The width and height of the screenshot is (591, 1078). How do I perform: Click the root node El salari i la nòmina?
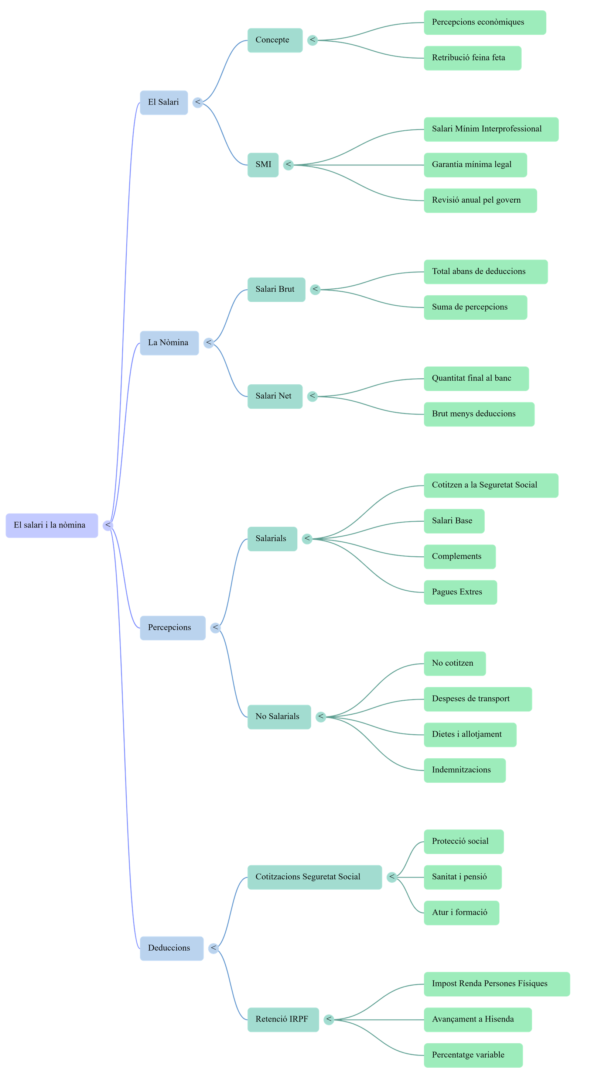51,525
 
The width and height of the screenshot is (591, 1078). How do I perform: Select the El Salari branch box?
164,102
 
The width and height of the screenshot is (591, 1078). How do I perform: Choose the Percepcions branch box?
172,627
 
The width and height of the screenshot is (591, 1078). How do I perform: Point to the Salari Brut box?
276,289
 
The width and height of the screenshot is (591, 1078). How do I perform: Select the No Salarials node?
279,717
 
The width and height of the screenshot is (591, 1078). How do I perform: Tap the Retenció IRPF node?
283,1019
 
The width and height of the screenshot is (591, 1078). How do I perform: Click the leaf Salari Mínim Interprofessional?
491,129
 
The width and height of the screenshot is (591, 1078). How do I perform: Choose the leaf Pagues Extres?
460,592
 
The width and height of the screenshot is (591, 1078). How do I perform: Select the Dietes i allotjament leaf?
469,734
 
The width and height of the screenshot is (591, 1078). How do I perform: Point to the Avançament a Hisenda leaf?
477,1019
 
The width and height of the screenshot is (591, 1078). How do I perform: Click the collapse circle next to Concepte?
312,40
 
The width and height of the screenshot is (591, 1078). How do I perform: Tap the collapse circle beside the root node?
108,525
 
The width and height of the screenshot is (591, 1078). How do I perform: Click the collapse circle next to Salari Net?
312,396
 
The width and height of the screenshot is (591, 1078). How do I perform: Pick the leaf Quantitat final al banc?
476,378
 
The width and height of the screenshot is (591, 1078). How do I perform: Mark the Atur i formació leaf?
461,912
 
